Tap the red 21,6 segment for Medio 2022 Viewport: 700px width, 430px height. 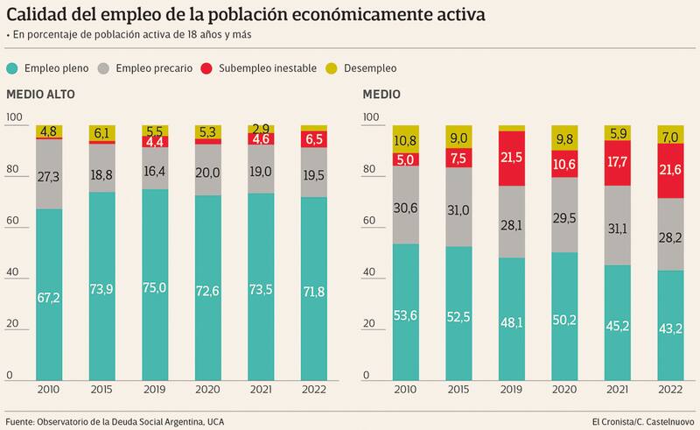pyautogui.click(x=670, y=169)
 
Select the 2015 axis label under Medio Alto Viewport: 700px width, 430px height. pyautogui.click(x=102, y=389)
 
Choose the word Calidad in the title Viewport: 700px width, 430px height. pyautogui.click(x=39, y=15)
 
